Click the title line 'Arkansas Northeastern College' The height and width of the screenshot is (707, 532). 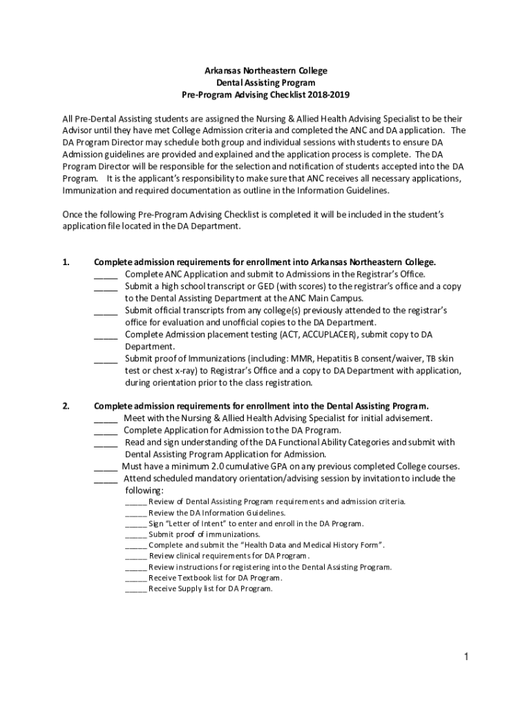[265, 70]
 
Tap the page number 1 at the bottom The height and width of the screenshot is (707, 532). [466, 657]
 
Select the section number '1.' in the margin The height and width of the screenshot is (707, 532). [66, 262]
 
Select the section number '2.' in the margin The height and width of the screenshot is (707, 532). [66, 406]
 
